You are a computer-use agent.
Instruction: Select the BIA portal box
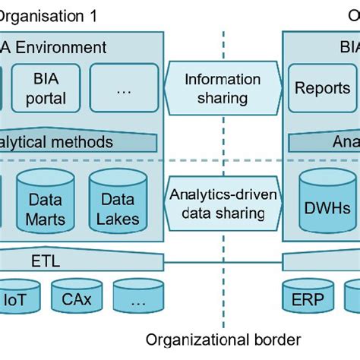coord(45,87)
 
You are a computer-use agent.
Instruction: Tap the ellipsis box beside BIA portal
coord(124,87)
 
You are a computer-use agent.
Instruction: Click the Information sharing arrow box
coord(222,88)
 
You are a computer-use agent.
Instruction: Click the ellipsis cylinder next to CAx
coord(137,299)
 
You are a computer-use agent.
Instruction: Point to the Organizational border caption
coord(223,339)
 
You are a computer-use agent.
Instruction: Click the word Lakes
coord(118,219)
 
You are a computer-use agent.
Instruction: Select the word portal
coord(45,98)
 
